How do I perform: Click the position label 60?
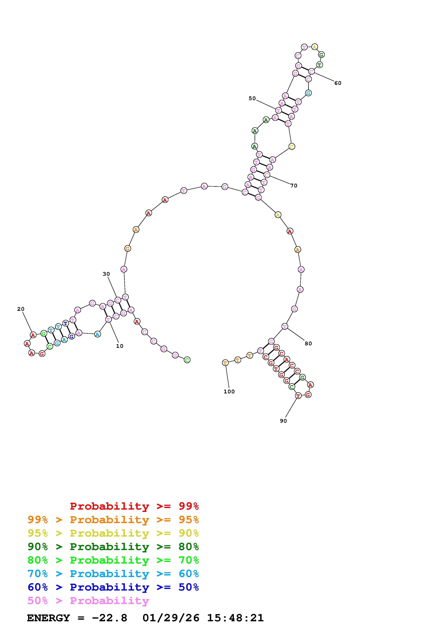338,83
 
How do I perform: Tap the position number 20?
21,309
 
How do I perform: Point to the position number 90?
283,421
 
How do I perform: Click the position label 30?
106,274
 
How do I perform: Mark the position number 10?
119,346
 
